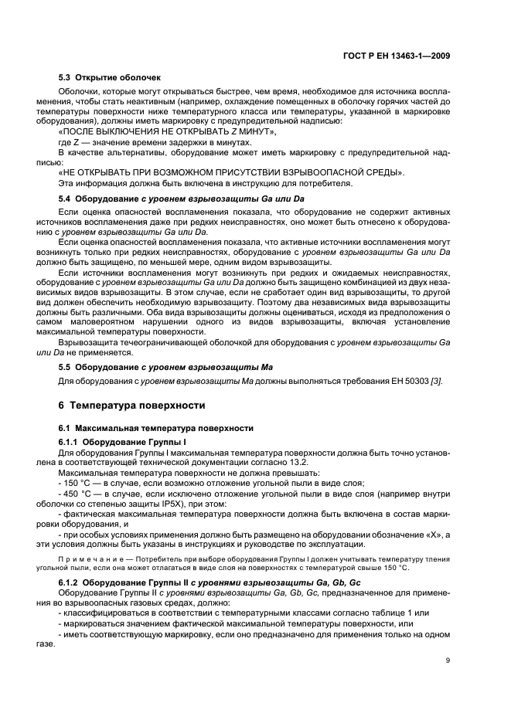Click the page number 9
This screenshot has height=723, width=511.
pyautogui.click(x=448, y=661)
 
